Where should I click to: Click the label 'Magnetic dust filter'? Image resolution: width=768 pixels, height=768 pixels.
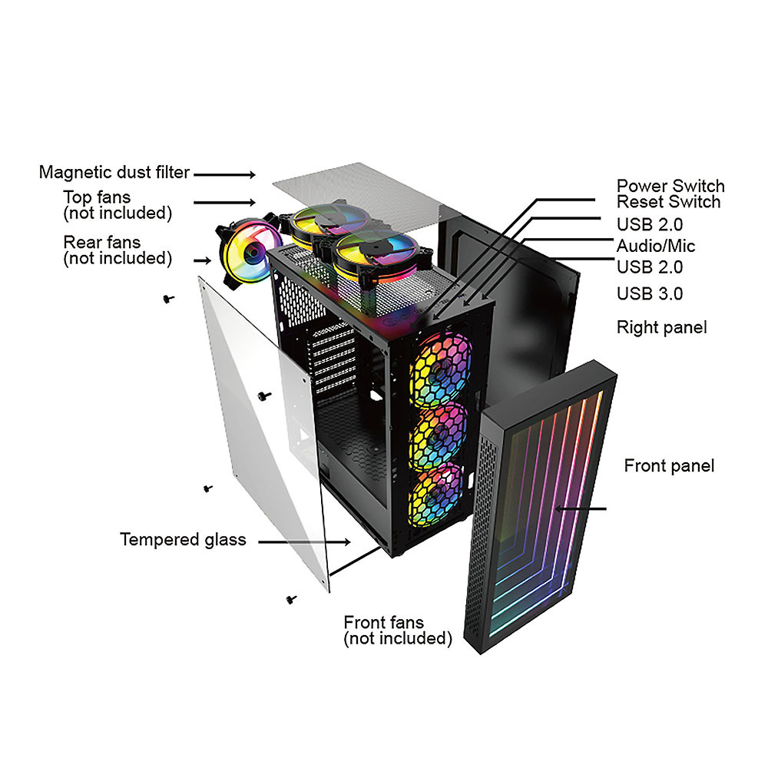pos(114,172)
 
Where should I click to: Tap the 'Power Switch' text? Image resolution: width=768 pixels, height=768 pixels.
pos(670,186)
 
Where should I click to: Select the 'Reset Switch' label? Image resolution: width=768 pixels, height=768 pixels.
pos(668,202)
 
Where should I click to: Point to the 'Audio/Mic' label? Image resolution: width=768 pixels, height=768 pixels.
pos(655,246)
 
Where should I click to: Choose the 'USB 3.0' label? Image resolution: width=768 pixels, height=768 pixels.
pos(650,294)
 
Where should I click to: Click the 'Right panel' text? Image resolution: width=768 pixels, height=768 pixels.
pos(662,328)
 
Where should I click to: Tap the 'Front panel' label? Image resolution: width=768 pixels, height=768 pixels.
pos(669,466)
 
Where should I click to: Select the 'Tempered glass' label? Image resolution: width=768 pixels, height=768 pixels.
pos(183,540)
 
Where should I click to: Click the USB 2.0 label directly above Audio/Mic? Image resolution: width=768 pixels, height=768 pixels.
pos(650,225)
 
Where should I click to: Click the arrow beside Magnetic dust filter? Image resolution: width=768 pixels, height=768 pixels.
pos(224,174)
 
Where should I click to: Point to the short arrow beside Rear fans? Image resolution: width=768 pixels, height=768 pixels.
pos(202,260)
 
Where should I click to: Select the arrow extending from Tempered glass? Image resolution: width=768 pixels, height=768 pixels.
pos(304,541)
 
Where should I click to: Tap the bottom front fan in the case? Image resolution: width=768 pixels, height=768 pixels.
pos(435,495)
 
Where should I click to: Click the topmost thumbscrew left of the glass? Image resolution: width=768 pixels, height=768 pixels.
pos(168,298)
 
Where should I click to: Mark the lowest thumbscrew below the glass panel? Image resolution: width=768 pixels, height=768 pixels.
pos(291,599)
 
